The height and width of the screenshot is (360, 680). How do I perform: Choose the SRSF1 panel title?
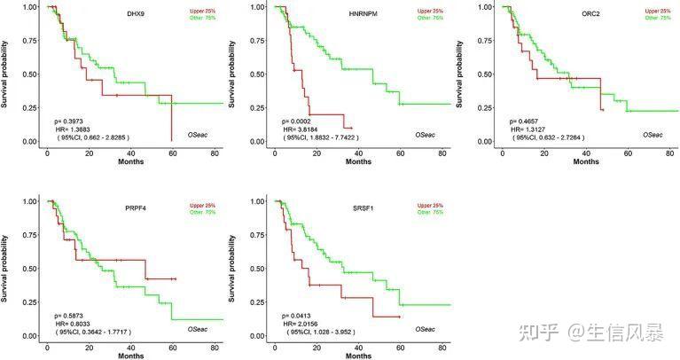coord(353,210)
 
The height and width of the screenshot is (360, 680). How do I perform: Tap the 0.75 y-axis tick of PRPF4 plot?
coord(28,235)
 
